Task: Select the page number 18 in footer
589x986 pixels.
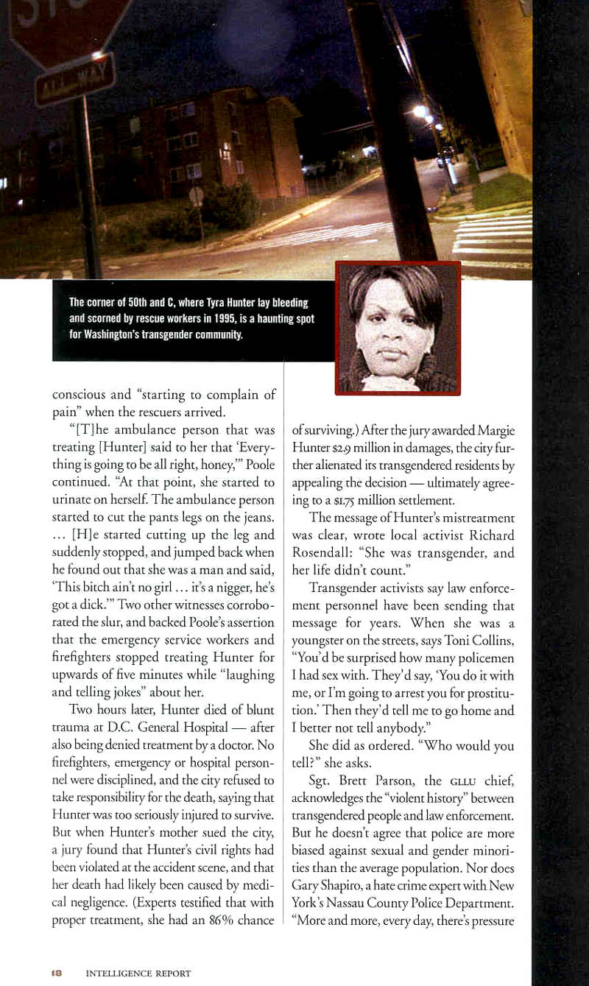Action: click(56, 973)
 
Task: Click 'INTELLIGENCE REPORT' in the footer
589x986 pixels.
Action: click(138, 973)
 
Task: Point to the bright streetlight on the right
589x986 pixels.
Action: click(420, 111)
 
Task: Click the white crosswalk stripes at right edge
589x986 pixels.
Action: click(492, 234)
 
